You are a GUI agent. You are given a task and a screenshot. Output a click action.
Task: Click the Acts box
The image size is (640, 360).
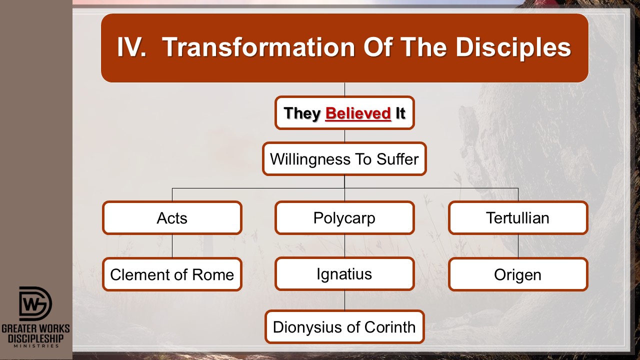[x=172, y=218]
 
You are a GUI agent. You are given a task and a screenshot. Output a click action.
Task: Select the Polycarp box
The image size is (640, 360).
[x=344, y=218]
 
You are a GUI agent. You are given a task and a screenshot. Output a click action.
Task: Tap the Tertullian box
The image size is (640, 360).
[x=518, y=218]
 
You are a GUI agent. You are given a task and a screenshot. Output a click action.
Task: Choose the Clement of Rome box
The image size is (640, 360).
[x=172, y=274]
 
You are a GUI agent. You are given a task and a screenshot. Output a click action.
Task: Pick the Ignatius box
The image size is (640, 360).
[x=344, y=274]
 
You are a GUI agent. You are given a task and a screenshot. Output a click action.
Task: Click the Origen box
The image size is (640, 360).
[x=518, y=274]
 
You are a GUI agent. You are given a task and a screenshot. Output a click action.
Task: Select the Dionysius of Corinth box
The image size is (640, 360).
[x=344, y=327]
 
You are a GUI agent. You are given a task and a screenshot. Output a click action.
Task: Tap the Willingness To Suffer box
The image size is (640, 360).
[x=344, y=159]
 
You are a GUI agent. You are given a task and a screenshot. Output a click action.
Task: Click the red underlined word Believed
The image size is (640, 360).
[x=358, y=113]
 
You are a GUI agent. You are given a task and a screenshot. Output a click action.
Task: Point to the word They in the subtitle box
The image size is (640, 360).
[x=302, y=113]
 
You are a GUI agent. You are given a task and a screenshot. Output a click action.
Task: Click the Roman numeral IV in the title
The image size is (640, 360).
[x=131, y=47]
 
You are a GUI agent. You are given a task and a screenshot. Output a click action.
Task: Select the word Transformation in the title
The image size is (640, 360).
[x=258, y=47]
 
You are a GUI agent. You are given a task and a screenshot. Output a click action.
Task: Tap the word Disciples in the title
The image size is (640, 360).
[x=513, y=47]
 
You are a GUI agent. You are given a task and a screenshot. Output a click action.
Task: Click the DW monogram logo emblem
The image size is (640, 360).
[x=35, y=303]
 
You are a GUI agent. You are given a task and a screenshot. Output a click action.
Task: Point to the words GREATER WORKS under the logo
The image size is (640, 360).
[x=35, y=328]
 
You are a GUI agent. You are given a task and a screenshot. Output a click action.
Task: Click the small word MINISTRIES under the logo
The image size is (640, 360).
[x=36, y=346]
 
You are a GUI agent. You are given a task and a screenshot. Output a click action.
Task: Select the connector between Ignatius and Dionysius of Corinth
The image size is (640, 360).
[x=344, y=300]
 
